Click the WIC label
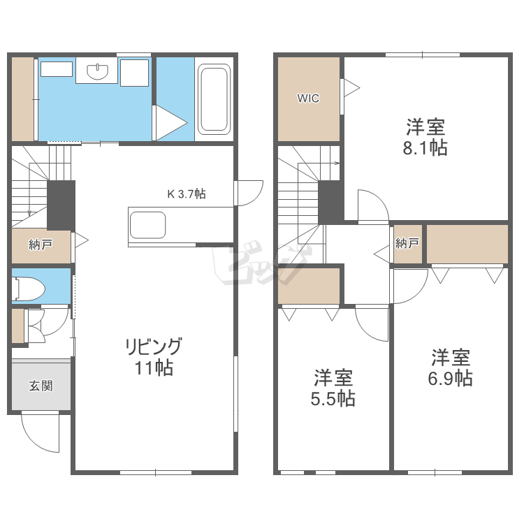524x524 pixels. click(x=308, y=99)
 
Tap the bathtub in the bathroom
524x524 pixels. click(x=214, y=99)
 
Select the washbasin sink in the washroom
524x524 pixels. click(x=98, y=72)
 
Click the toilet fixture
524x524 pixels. click(x=29, y=289)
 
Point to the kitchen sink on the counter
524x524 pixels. click(x=147, y=225)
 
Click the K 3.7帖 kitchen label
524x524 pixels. click(x=187, y=194)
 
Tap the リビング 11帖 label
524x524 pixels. click(x=154, y=357)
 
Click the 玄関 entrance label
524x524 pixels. click(x=41, y=386)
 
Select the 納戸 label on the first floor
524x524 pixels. click(x=41, y=245)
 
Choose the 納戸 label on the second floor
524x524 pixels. click(x=407, y=243)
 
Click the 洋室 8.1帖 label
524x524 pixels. click(x=425, y=137)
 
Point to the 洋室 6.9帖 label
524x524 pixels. click(x=451, y=367)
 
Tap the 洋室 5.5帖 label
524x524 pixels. click(x=333, y=388)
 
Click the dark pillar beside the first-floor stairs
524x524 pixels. click(x=61, y=205)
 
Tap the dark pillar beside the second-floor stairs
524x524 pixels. click(x=331, y=203)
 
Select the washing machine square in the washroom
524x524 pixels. click(x=134, y=73)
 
